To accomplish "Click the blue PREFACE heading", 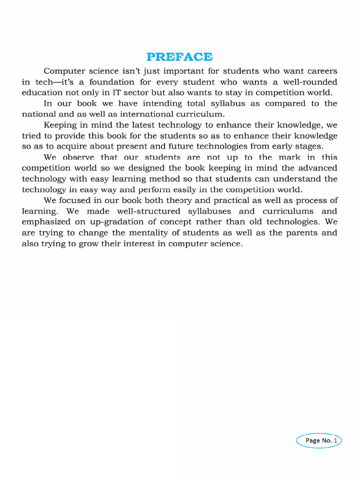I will [x=180, y=57].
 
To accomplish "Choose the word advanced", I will [x=316, y=168].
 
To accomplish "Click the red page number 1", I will [x=336, y=440].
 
